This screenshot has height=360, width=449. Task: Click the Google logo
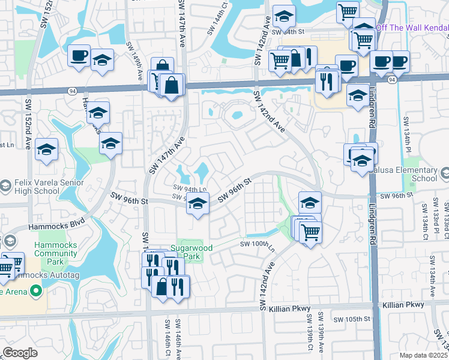tap(19, 353)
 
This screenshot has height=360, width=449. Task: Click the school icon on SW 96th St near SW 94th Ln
tap(197, 203)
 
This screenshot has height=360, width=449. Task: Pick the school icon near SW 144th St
tap(284, 16)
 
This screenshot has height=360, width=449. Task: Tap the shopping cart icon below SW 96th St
tap(310, 232)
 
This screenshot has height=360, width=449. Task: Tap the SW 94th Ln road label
tap(189, 190)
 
